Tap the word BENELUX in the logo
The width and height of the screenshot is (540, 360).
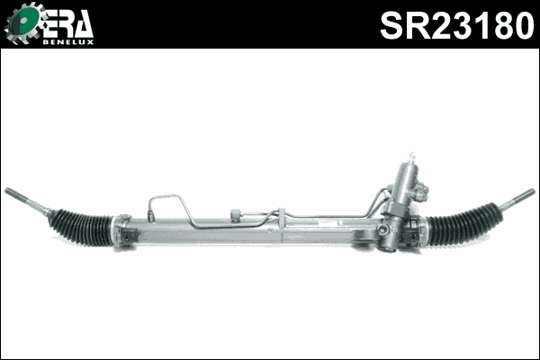pos(67,40)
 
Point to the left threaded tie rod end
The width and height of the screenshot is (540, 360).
pos(25,201)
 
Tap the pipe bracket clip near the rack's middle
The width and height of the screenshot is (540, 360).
pos(281,216)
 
